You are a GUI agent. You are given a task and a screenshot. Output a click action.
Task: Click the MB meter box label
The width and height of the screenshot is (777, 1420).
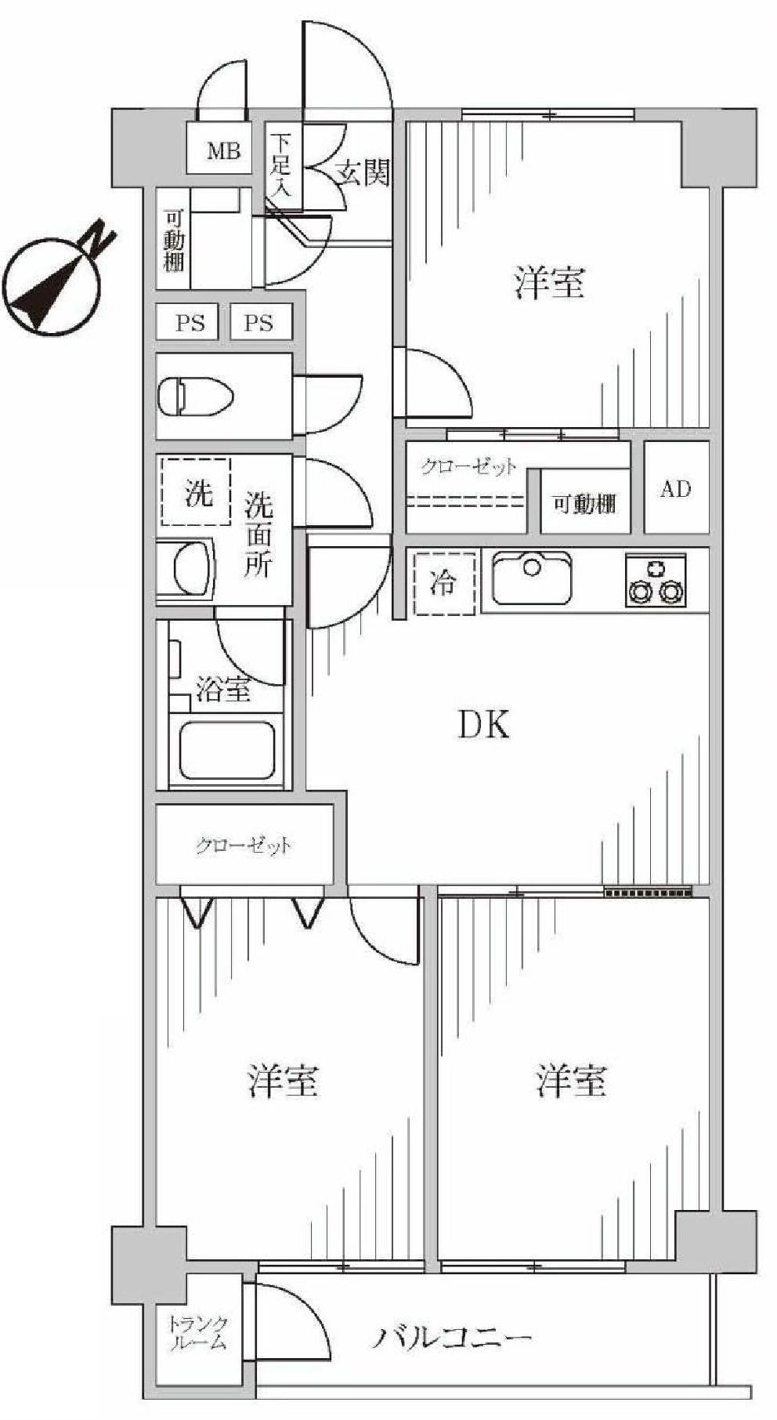(222, 150)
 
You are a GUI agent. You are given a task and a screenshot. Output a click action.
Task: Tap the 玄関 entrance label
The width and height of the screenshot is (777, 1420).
(363, 172)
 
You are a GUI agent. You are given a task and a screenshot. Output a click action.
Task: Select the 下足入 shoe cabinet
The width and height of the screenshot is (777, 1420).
(281, 165)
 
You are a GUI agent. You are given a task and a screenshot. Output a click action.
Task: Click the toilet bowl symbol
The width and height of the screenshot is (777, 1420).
(196, 396)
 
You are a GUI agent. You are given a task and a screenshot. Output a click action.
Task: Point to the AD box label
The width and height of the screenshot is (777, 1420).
(676, 489)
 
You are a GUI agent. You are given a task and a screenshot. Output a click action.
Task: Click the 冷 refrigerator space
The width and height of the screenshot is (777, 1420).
(444, 583)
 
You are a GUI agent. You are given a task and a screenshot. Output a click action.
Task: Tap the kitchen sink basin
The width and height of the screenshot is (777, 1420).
(531, 578)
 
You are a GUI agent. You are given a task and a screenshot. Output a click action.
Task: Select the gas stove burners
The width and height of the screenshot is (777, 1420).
(656, 581)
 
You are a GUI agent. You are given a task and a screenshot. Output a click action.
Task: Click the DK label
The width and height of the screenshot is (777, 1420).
(483, 725)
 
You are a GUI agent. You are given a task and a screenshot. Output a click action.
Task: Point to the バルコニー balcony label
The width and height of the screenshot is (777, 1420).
(452, 1336)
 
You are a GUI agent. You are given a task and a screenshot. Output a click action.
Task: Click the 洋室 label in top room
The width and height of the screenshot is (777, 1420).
(550, 282)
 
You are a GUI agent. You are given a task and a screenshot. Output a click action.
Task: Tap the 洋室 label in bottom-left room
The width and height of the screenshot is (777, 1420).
(283, 1081)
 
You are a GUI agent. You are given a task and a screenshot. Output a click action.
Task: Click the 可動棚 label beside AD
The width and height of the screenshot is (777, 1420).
(584, 504)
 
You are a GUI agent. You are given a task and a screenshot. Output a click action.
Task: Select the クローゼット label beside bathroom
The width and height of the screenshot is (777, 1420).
(244, 846)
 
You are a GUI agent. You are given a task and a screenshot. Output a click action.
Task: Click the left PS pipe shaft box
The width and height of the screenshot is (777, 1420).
(190, 323)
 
